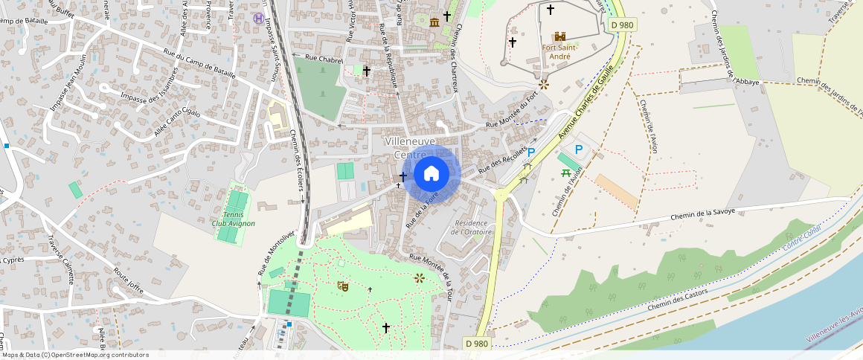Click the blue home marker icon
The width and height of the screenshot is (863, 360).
(431, 174)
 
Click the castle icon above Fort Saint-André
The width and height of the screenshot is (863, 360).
(559, 36)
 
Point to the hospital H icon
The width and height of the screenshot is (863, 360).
(258, 18)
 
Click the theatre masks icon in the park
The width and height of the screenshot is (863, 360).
(343, 285)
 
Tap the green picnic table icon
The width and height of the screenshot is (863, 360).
(567, 173)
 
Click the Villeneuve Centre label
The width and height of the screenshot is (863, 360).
(410, 147)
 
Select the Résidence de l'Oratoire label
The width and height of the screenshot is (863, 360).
(473, 227)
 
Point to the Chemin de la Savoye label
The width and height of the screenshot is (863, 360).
(703, 214)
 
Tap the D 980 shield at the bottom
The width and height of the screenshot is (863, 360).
(478, 344)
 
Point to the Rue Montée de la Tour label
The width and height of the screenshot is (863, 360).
(439, 277)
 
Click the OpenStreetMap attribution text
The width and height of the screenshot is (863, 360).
(75, 355)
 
